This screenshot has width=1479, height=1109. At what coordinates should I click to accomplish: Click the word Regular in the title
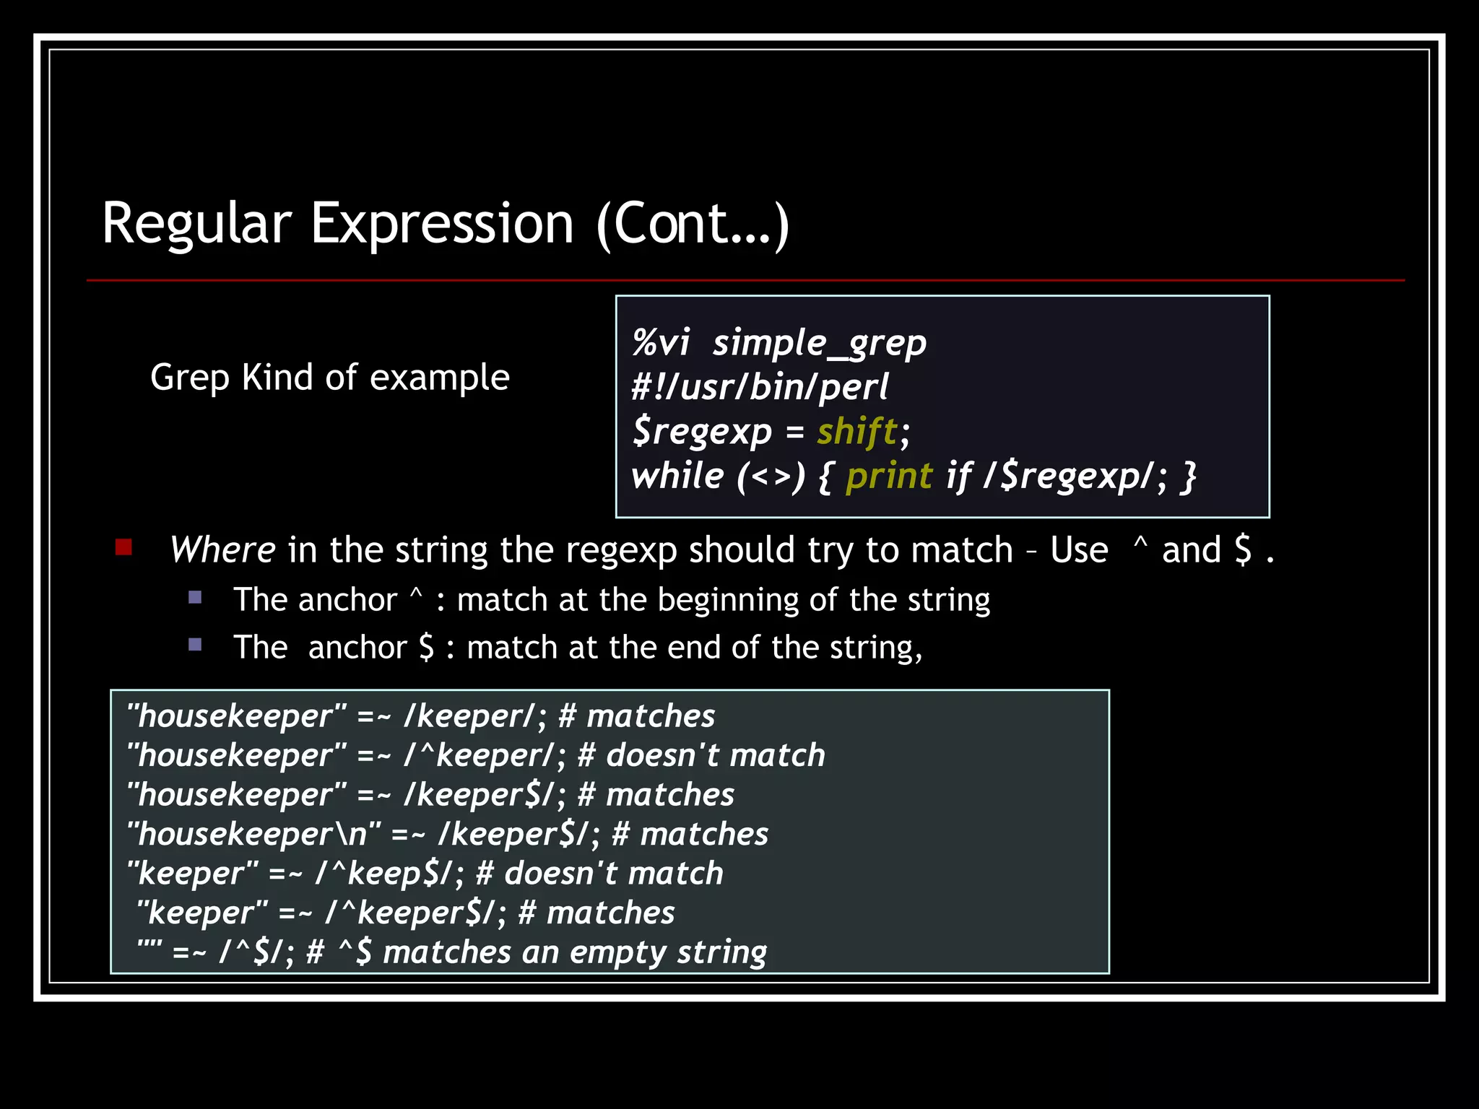(196, 224)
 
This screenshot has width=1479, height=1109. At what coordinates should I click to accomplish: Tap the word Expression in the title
(442, 224)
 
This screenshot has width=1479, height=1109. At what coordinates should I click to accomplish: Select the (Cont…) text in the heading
(693, 225)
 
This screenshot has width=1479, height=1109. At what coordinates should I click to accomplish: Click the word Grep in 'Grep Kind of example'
(189, 378)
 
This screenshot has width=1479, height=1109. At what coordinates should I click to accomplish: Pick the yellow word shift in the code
(856, 432)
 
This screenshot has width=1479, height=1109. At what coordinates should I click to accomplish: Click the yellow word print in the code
(889, 477)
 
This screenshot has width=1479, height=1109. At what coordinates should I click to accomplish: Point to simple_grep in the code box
(819, 343)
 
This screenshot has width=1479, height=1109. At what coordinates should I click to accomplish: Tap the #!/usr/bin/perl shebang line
(760, 387)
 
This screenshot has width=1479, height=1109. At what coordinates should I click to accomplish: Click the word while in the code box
(677, 477)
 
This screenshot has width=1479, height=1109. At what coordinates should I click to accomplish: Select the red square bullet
(123, 547)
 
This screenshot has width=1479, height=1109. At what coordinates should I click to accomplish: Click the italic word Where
(222, 550)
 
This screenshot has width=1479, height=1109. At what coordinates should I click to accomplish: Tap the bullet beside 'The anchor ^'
(195, 597)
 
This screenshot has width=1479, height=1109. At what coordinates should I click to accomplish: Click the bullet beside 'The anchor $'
(195, 644)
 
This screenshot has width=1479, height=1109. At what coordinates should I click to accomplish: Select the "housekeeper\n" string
(253, 835)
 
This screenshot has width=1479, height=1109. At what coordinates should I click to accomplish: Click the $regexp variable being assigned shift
(702, 432)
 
